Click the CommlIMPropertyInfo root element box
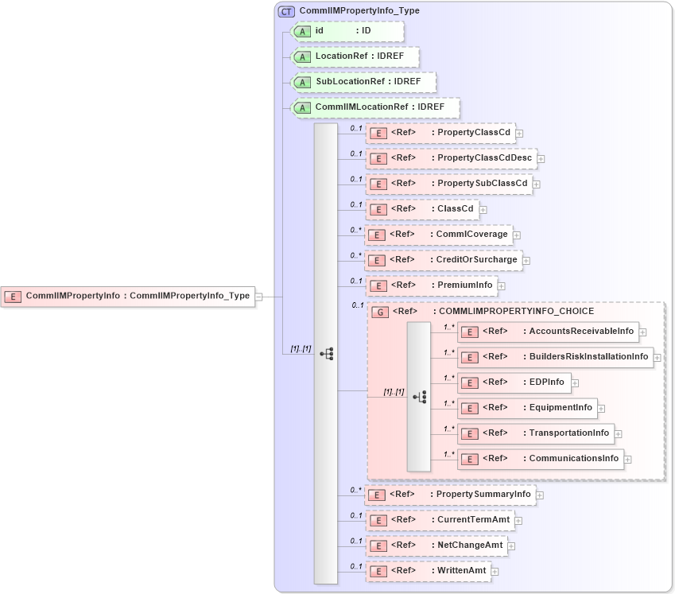pos(127,296)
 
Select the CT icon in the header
pos(286,11)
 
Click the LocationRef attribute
pos(355,56)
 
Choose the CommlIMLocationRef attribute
pos(376,107)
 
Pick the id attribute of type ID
pos(347,31)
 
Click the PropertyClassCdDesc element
pos(450,158)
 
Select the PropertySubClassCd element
pos(448,184)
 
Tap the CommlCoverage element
pos(438,235)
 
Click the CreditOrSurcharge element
pos(443,260)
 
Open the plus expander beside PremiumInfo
pos(502,286)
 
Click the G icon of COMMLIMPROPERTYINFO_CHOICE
pos(381,312)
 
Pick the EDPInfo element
pos(514,382)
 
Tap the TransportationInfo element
pos(536,433)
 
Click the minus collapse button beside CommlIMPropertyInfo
pos(258,297)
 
